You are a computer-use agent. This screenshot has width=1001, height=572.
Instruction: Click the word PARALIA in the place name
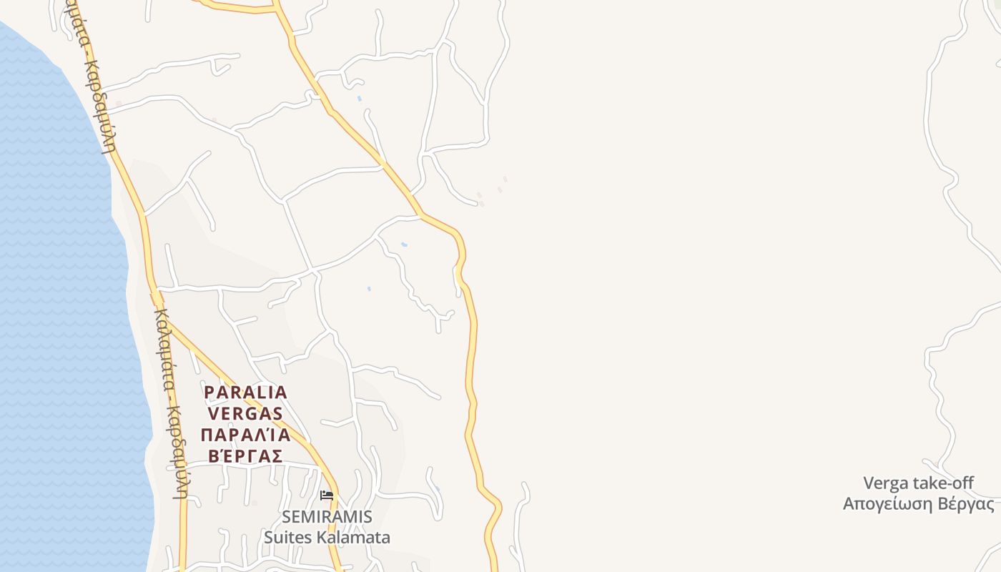coord(245,393)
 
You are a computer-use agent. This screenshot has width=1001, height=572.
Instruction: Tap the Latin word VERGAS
coord(245,413)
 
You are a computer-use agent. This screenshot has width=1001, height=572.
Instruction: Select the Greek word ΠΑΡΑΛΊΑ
coord(245,435)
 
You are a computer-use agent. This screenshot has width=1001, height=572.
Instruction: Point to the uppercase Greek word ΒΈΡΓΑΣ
coord(245,455)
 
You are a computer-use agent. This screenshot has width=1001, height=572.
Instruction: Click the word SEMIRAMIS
coord(327,516)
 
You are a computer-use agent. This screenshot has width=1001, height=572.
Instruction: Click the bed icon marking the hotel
coord(327,495)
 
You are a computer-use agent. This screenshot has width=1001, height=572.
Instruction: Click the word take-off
coord(943,483)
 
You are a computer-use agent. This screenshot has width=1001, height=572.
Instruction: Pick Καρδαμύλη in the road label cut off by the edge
coord(101,107)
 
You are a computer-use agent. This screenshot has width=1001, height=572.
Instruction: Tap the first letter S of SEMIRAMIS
coord(287,516)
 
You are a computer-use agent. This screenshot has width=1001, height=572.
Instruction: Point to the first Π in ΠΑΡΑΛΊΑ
coord(207,435)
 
